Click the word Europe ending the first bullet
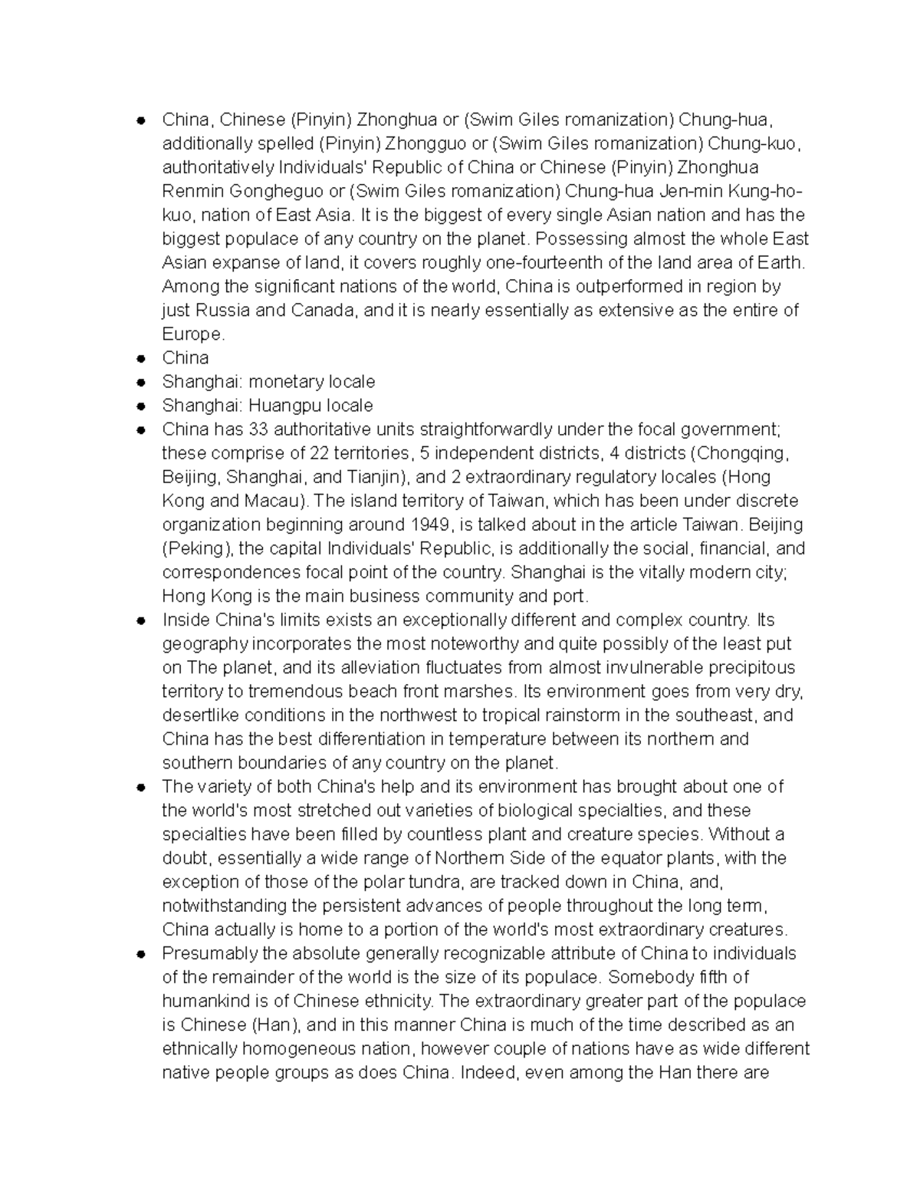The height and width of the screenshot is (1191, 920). (192, 334)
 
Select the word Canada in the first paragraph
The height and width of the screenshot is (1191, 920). (322, 311)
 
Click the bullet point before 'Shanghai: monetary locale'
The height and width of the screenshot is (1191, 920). (141, 382)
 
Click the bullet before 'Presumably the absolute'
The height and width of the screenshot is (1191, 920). (141, 954)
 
